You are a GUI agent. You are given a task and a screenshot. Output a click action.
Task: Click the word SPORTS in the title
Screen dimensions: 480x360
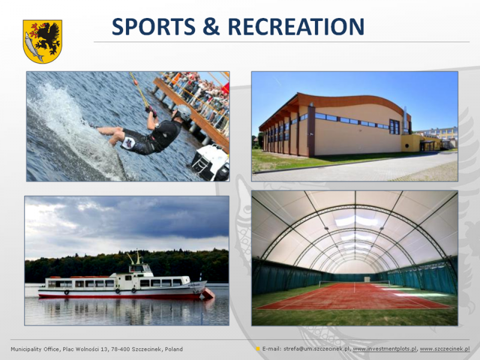click(x=154, y=26)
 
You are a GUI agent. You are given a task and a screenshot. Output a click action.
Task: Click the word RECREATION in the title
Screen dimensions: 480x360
click(x=296, y=26)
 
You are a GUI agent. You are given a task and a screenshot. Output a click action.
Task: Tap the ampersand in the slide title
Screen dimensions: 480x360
click(x=211, y=26)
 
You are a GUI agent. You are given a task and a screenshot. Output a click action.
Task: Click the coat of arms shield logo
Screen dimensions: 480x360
click(x=43, y=41)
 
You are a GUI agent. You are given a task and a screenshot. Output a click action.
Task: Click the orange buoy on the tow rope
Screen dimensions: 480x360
click(x=134, y=82)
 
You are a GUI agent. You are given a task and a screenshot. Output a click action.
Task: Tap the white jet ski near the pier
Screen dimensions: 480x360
click(x=211, y=163)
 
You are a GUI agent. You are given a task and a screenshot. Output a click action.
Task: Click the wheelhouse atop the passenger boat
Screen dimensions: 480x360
click(x=140, y=268)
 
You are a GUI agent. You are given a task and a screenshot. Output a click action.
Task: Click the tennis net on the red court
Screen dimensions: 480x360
click(x=355, y=283)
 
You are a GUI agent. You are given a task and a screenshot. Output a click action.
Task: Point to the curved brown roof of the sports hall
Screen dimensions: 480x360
click(x=337, y=104)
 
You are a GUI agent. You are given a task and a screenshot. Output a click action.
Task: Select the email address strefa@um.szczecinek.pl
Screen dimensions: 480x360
click(x=317, y=349)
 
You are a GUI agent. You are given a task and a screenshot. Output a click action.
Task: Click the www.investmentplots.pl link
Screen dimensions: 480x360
click(x=385, y=349)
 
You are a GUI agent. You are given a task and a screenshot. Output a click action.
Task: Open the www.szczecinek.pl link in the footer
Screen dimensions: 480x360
click(x=445, y=349)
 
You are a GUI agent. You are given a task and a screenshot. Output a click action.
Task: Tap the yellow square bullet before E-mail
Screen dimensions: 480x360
click(x=258, y=349)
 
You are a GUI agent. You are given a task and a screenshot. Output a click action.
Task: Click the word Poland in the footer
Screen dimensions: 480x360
click(x=174, y=349)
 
